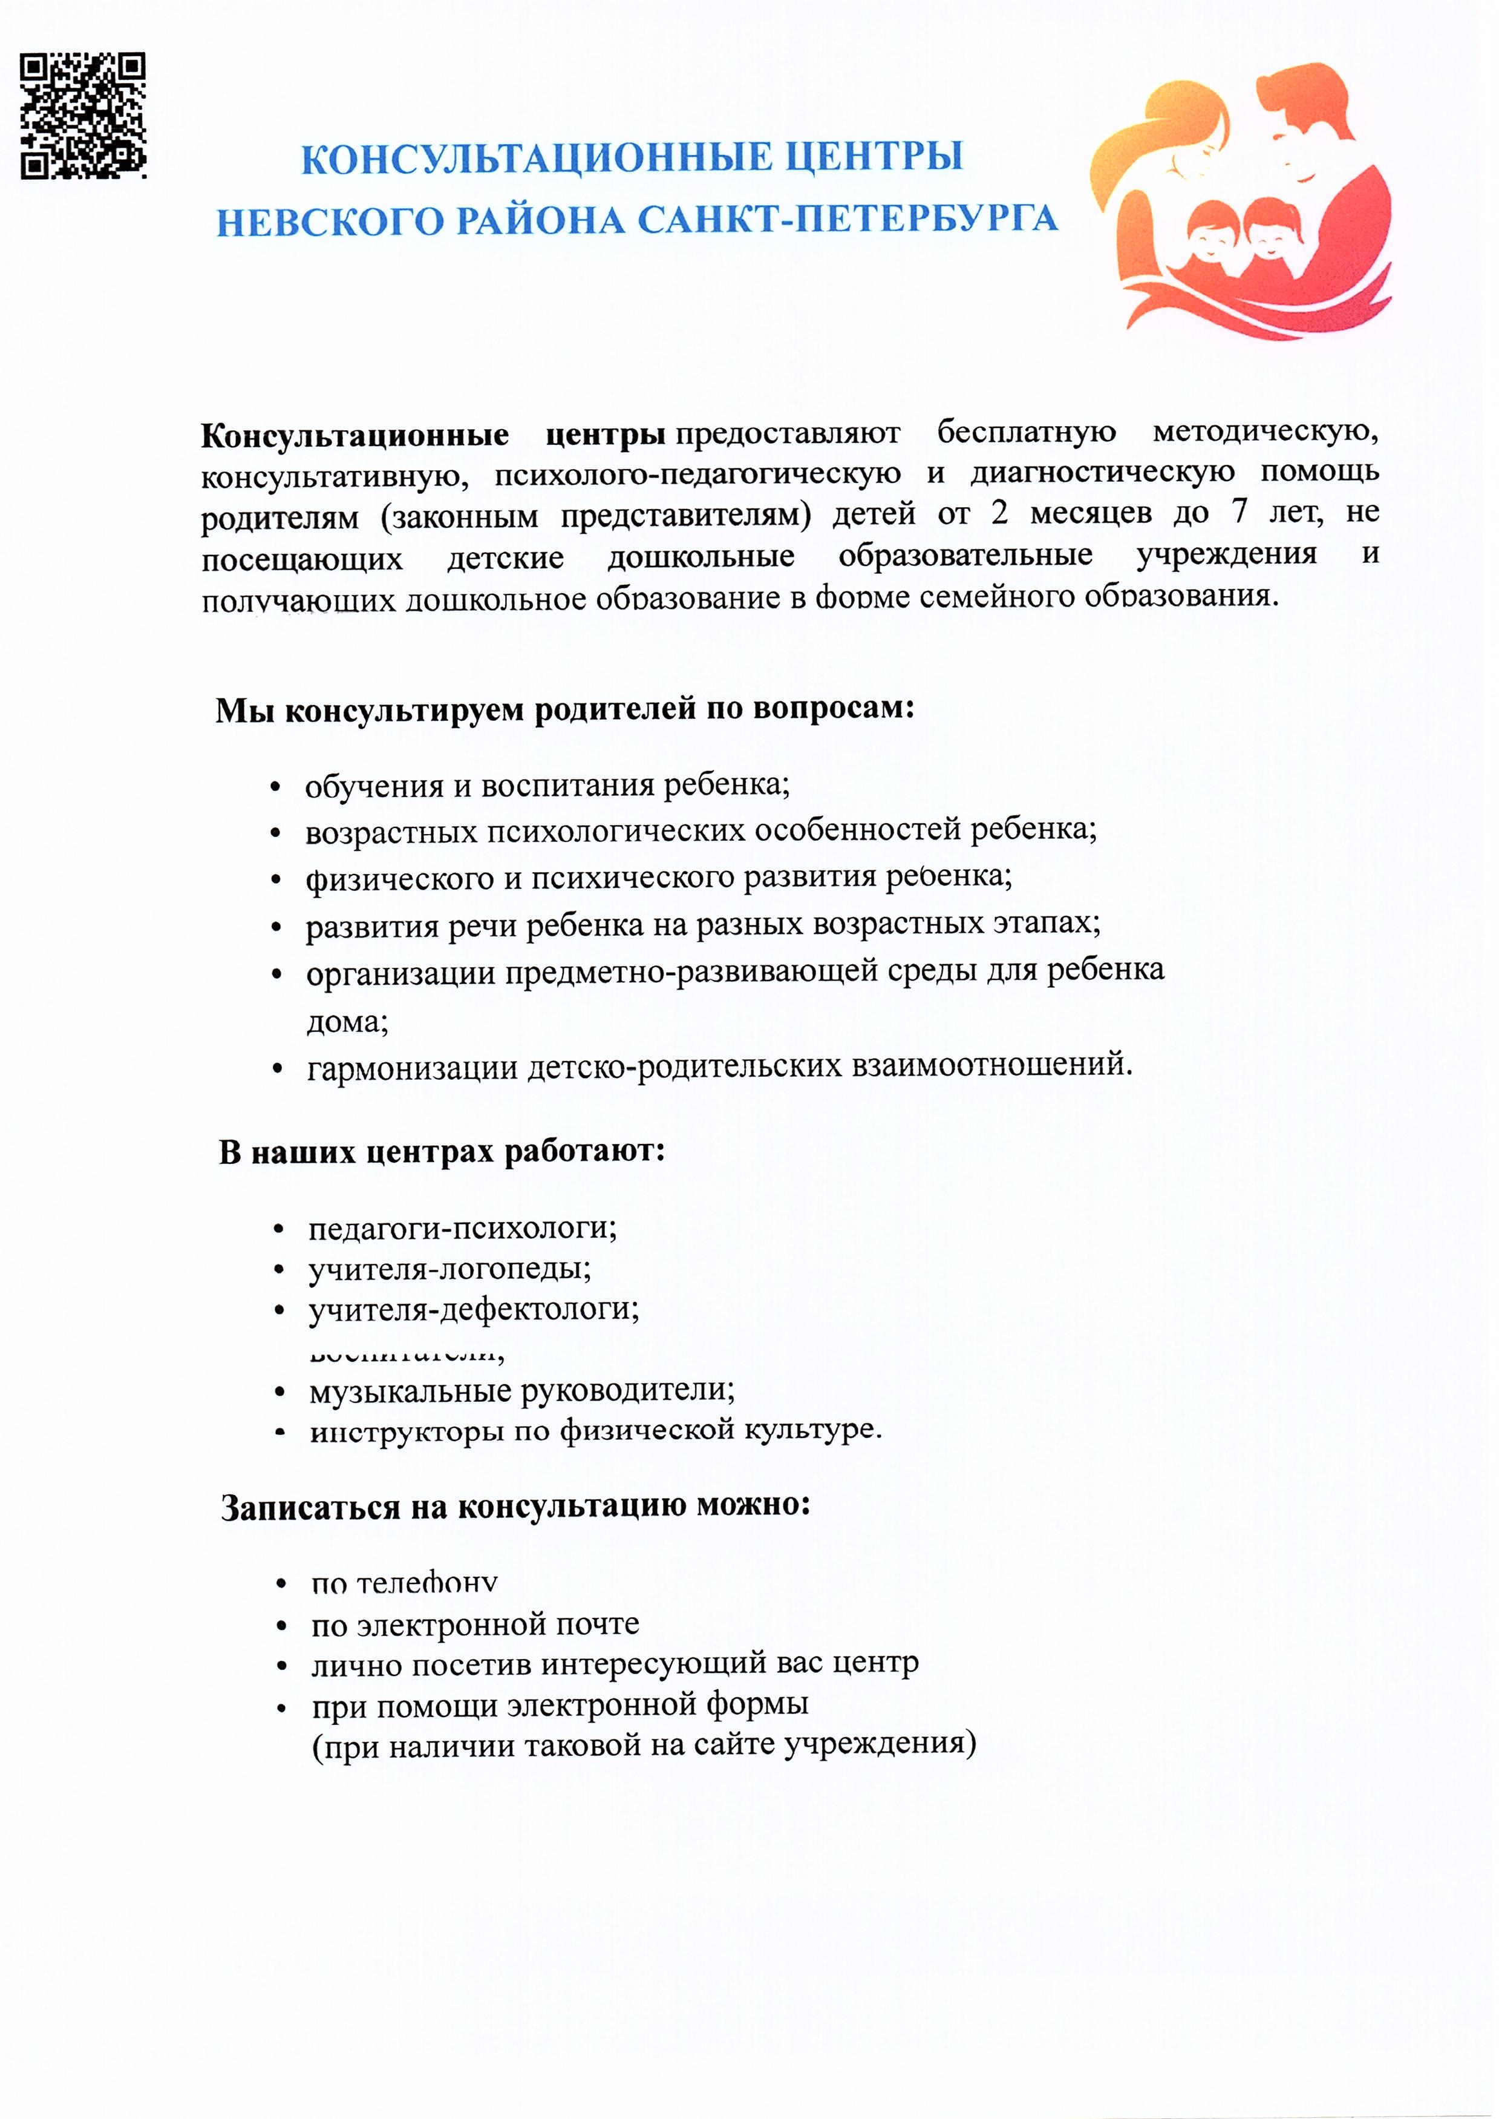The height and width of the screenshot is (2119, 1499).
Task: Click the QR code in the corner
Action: tap(83, 116)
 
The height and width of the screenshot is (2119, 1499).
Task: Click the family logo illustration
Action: tap(1241, 199)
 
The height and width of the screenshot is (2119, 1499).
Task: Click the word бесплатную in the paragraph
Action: tap(1027, 432)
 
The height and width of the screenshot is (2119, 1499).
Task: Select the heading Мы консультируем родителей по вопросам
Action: tap(565, 710)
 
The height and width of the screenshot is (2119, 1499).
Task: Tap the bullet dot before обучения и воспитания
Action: tap(275, 787)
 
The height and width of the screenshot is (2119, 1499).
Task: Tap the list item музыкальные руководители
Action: tap(521, 1390)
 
